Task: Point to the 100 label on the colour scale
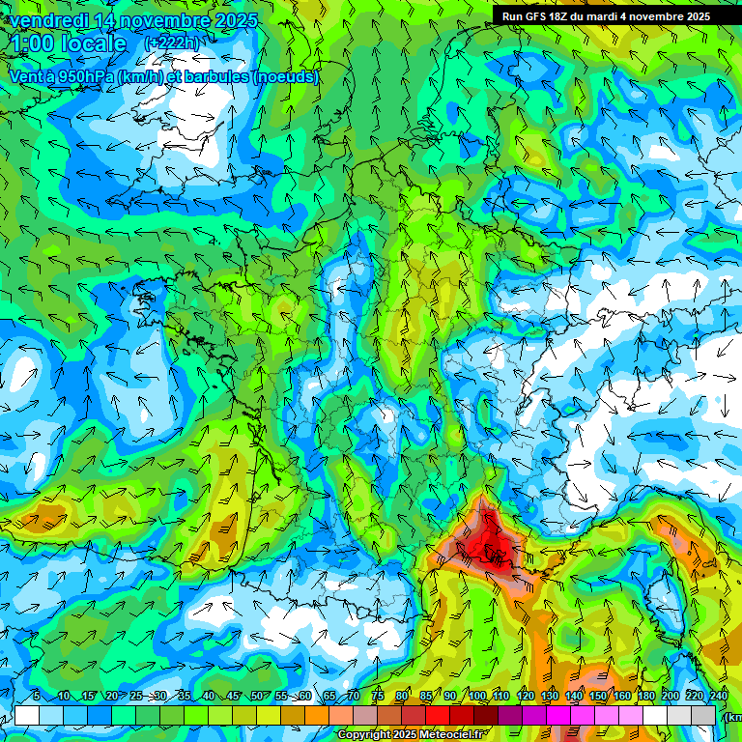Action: point(477,697)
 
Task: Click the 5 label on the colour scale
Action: point(37,697)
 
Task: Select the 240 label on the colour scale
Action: point(718,697)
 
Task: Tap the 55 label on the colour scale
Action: point(281,697)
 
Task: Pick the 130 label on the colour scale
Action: point(549,697)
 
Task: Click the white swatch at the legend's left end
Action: point(27,715)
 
